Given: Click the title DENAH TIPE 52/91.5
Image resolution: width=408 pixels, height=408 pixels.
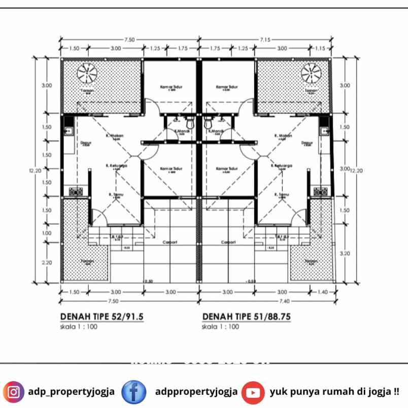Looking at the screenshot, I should click(x=102, y=317).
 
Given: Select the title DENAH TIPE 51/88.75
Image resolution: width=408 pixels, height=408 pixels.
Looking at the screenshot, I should click(x=247, y=317).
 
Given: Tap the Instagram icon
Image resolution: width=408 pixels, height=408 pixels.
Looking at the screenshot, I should click(x=14, y=392).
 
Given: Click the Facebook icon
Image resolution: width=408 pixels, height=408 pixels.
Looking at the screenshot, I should click(x=134, y=392).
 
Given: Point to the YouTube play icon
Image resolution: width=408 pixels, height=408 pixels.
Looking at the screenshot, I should click(x=253, y=392).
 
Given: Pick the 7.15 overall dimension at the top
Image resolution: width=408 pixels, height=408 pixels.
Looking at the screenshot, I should click(x=265, y=39).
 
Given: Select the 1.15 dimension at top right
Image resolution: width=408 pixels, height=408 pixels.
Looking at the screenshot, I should click(x=319, y=48).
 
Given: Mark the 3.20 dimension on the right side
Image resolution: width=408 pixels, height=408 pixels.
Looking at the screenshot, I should click(x=344, y=252).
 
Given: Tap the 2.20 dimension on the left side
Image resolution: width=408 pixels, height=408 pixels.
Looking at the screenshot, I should click(x=46, y=262).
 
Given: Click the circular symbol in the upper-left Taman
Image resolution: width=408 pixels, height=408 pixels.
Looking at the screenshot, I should click(x=87, y=74).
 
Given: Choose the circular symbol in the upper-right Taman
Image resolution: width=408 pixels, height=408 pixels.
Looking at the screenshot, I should click(x=311, y=74).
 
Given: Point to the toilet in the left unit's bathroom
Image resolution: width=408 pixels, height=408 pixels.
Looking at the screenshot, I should click(x=189, y=122).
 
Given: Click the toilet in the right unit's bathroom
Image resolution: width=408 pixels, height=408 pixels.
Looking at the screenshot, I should click(x=208, y=122).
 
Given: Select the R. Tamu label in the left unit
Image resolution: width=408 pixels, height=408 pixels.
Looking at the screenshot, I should click(x=116, y=194).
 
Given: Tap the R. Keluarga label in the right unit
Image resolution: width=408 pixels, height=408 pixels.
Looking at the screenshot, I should click(x=280, y=165).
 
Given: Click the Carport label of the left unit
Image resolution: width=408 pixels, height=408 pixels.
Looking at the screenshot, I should click(x=170, y=243).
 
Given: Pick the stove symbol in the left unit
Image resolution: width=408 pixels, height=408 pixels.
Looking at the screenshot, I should click(x=76, y=192).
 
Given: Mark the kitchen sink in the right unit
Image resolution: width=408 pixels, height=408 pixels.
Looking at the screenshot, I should click(x=324, y=130).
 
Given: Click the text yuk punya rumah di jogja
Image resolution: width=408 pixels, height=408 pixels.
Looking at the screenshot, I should click(x=334, y=392).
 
